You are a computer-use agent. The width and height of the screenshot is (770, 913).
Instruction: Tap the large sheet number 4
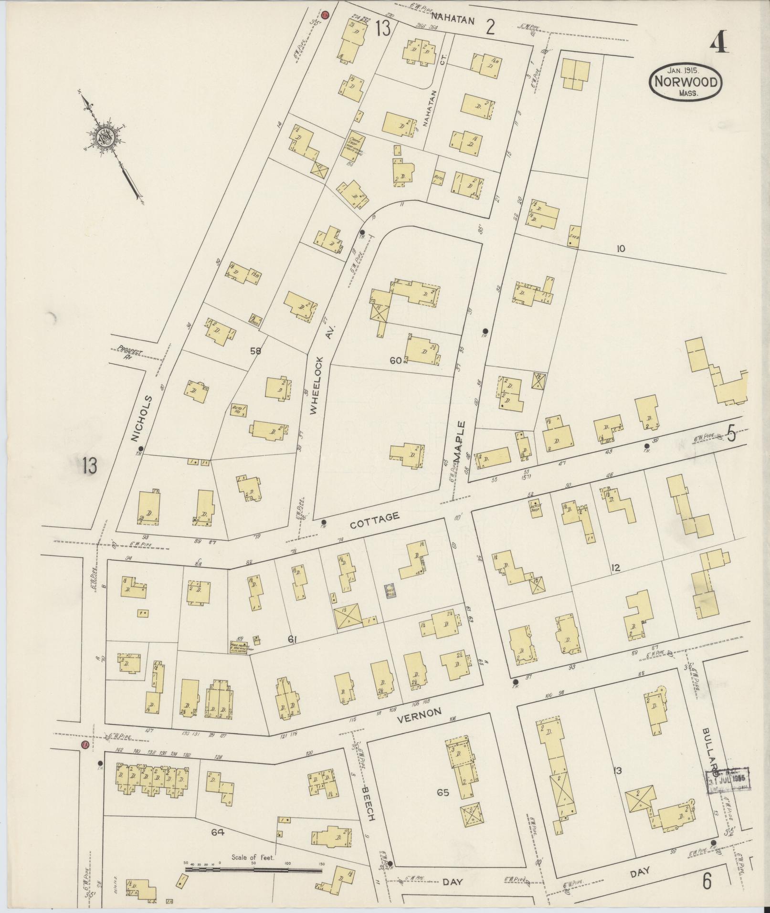click(x=718, y=43)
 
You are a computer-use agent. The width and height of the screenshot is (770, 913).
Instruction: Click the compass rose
click(x=105, y=136)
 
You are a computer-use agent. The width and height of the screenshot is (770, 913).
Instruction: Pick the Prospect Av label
click(x=129, y=354)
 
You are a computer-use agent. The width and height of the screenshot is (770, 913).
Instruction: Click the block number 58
click(x=256, y=351)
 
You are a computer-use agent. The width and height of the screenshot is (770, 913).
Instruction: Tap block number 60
click(x=395, y=361)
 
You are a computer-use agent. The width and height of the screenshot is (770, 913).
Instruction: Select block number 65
click(x=443, y=793)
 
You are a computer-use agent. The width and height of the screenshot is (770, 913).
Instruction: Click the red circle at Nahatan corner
click(x=326, y=15)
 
